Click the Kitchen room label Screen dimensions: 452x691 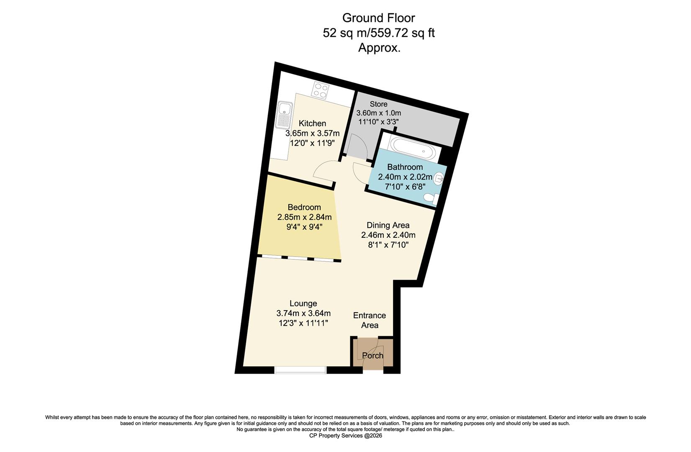[312, 123]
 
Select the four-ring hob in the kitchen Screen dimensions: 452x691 [321, 90]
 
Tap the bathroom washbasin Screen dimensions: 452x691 [439, 179]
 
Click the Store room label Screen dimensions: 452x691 [378, 104]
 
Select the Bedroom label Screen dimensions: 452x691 [304, 207]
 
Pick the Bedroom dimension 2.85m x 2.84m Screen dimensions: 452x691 [304, 217]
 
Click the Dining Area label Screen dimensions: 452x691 [388, 225]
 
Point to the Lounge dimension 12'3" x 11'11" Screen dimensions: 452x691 [303, 323]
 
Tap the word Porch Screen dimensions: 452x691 [372, 355]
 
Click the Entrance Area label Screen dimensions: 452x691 [370, 320]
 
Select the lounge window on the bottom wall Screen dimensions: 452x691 [301, 370]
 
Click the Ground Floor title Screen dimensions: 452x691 [379, 18]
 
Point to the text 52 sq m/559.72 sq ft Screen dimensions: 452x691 [379, 33]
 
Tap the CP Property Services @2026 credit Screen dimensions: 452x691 [345, 435]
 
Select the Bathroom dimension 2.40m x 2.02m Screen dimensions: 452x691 [405, 177]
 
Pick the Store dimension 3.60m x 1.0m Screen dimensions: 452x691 [378, 113]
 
